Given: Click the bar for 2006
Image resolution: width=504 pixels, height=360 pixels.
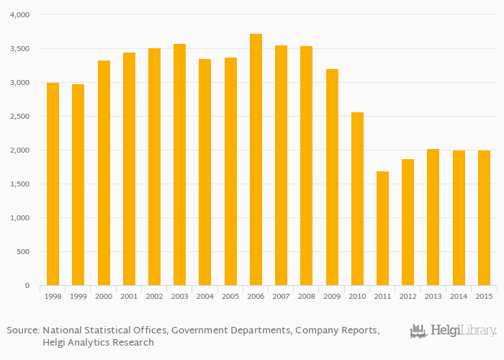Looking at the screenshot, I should click(256, 160).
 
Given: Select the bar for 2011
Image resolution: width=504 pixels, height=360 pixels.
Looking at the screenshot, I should click(382, 228).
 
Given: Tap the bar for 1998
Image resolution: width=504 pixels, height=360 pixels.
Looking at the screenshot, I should click(53, 184).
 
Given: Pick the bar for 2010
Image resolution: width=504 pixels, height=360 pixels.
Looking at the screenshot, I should click(357, 199).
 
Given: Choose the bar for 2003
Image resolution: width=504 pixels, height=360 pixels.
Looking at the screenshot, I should click(179, 165).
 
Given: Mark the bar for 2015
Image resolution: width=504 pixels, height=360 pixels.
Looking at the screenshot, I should click(484, 218).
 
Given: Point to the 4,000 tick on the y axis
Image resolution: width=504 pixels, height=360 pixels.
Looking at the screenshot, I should click(20, 15).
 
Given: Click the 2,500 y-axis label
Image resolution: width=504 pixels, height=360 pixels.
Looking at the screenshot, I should click(20, 117).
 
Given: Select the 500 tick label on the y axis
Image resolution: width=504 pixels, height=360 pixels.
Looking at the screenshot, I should click(23, 252).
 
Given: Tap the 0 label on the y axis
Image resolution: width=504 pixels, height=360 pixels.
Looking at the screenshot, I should click(27, 286).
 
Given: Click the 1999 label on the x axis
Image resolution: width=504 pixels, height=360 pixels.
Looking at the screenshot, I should click(78, 296).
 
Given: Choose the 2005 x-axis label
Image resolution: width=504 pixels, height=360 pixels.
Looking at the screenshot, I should click(230, 296).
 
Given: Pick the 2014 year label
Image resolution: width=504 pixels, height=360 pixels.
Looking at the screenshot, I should click(459, 296).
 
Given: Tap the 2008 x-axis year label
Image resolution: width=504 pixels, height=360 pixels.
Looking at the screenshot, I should click(307, 296).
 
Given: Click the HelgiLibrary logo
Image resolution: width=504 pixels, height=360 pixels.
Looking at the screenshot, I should click(453, 331).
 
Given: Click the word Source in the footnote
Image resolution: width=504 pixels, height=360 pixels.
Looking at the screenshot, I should click(22, 330).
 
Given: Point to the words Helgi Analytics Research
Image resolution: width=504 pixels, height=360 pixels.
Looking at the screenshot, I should click(98, 343).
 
